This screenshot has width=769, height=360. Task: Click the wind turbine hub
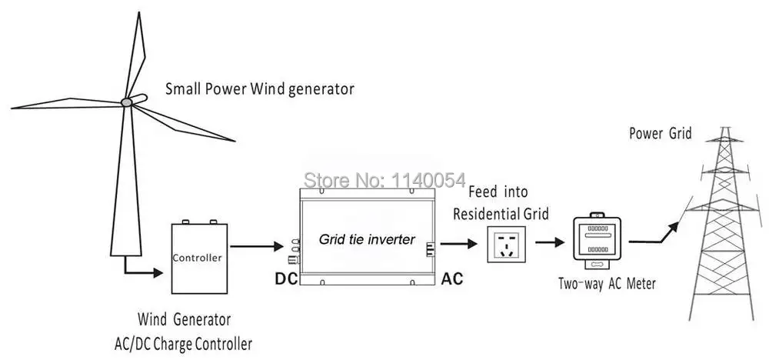127,102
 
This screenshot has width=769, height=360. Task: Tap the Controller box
199,258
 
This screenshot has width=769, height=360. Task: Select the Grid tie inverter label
367,239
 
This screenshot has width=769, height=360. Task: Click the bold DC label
286,278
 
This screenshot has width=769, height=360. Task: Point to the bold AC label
451,278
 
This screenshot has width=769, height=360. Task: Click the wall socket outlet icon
506,245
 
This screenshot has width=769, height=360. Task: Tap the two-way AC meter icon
598,242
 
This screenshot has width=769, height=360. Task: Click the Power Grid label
660,133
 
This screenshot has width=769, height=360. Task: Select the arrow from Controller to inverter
255,245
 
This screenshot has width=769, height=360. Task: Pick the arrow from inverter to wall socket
458,243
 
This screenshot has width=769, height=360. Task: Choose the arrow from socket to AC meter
551,242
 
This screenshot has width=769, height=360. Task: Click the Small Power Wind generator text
259,89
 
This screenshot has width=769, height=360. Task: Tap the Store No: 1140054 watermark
384,180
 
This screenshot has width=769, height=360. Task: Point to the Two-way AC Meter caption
607,284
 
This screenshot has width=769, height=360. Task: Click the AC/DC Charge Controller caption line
183,343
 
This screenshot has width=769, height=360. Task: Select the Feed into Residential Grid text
501,202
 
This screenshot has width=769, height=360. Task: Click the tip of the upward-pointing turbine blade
140,12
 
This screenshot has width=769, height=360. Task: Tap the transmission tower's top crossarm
724,142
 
